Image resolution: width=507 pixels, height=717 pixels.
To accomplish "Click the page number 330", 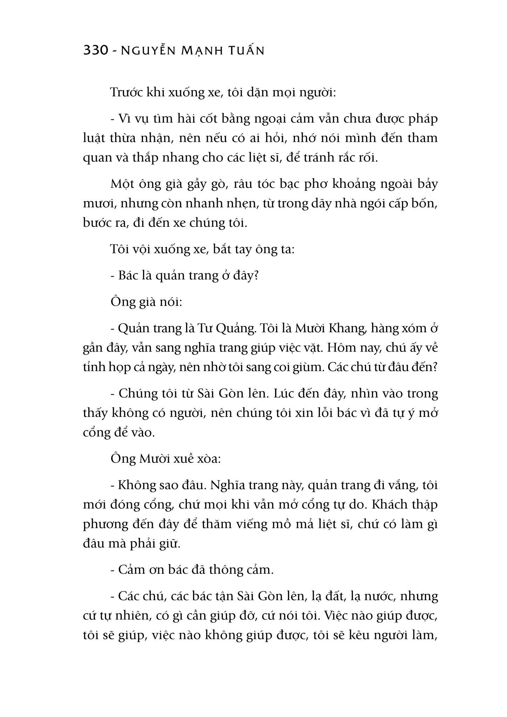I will tap(95, 51).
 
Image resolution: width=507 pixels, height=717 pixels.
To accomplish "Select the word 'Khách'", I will tap(390, 504).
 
